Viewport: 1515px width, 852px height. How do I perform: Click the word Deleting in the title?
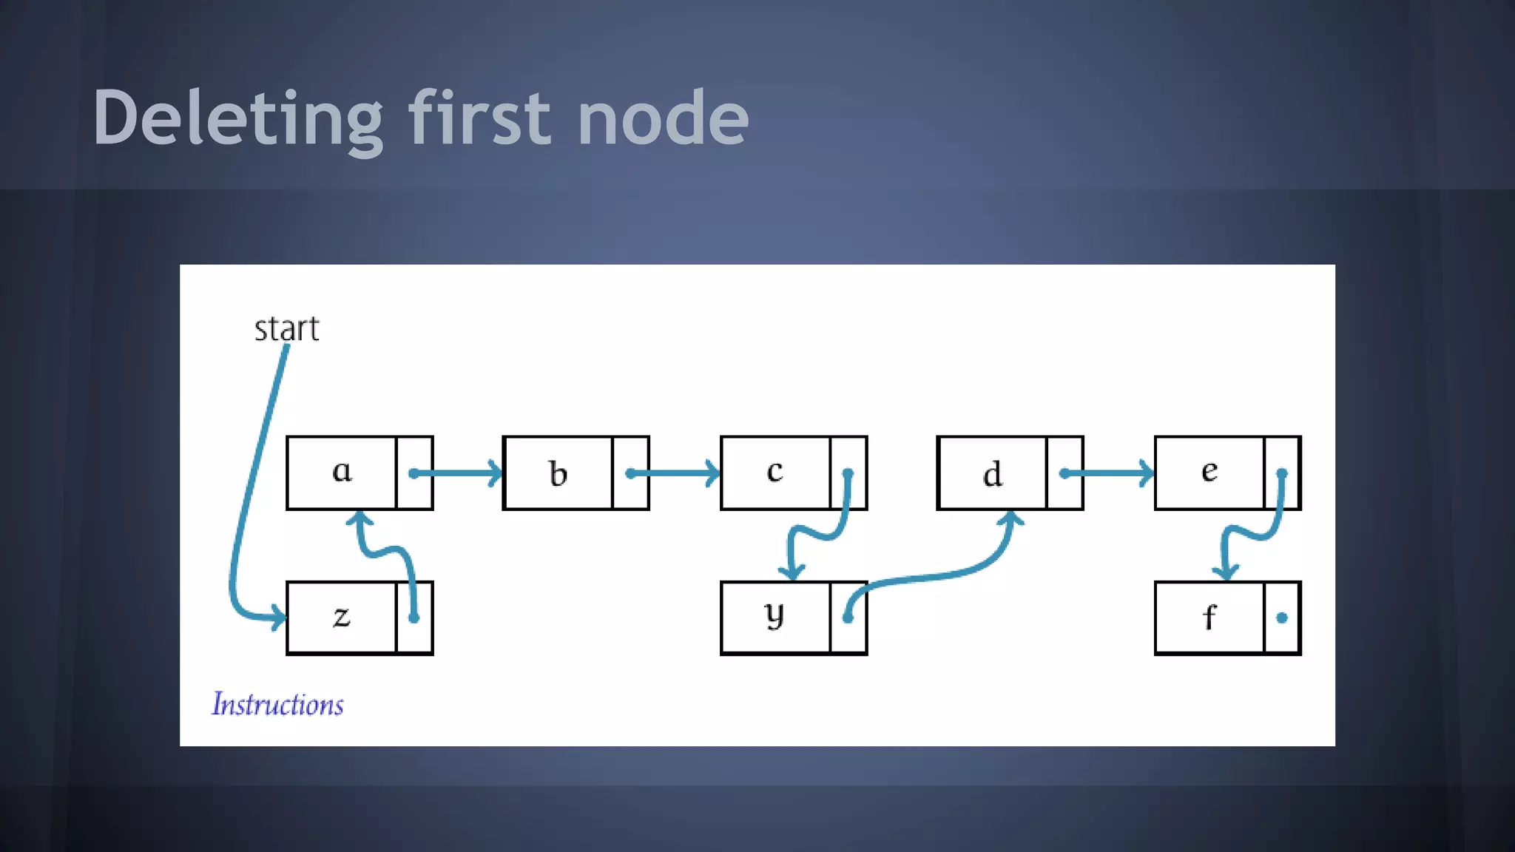(237, 118)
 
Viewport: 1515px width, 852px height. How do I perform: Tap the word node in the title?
(663, 118)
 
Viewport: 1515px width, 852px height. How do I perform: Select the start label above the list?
(286, 329)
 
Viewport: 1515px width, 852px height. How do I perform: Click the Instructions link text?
(277, 704)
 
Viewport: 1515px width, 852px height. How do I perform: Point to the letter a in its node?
(342, 471)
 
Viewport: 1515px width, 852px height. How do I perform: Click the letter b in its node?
(559, 473)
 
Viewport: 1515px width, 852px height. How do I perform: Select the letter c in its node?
(775, 472)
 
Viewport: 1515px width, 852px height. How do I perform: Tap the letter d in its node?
(992, 473)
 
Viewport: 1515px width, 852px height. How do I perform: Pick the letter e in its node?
(1209, 471)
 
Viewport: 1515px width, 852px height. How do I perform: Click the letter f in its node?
(1209, 618)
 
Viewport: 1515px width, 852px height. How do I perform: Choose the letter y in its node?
(775, 615)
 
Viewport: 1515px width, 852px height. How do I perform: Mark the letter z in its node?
(341, 617)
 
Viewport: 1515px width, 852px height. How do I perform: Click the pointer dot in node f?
(1282, 618)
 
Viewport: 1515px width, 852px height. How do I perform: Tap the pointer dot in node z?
(414, 618)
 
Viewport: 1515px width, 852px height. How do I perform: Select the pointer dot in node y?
(848, 618)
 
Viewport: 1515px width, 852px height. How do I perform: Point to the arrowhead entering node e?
(1147, 473)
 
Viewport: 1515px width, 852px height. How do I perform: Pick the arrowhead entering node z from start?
(278, 617)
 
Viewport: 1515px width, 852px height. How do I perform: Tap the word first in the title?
(479, 118)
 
